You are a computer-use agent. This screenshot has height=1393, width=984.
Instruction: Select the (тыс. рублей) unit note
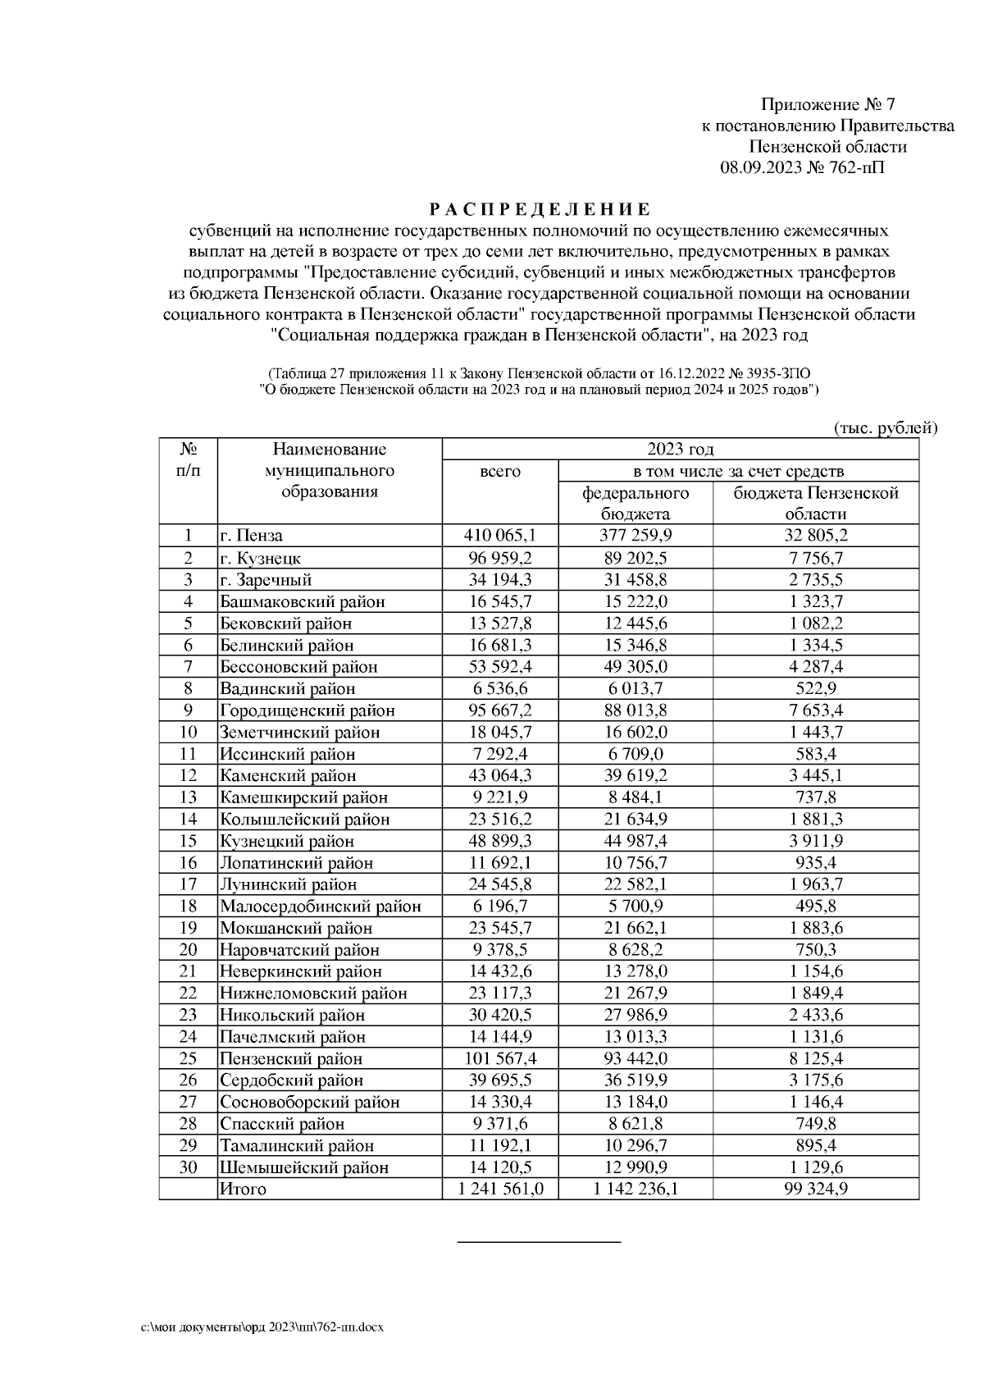point(885,428)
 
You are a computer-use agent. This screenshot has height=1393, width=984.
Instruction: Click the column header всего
point(499,472)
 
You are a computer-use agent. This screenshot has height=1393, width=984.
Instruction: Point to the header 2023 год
point(680,450)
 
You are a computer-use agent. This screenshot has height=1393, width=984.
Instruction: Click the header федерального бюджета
point(635,504)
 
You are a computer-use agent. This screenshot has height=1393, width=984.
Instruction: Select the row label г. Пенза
point(251,537)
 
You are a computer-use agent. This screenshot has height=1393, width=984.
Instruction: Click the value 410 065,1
point(499,537)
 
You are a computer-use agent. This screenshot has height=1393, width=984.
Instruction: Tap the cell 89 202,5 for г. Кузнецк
point(635,559)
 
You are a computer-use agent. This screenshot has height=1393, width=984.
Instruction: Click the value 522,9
point(815,689)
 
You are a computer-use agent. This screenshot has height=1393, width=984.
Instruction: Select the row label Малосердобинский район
point(320,907)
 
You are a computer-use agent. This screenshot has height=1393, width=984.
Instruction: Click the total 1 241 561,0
point(499,1190)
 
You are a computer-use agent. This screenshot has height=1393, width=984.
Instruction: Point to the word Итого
point(243,1190)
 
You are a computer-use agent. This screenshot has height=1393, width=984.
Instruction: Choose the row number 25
point(188,1059)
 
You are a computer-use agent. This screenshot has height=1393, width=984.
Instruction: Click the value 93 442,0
point(635,1059)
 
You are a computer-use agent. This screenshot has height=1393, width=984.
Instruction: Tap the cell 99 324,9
point(815,1190)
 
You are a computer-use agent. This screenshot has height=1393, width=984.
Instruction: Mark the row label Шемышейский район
point(303,1167)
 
